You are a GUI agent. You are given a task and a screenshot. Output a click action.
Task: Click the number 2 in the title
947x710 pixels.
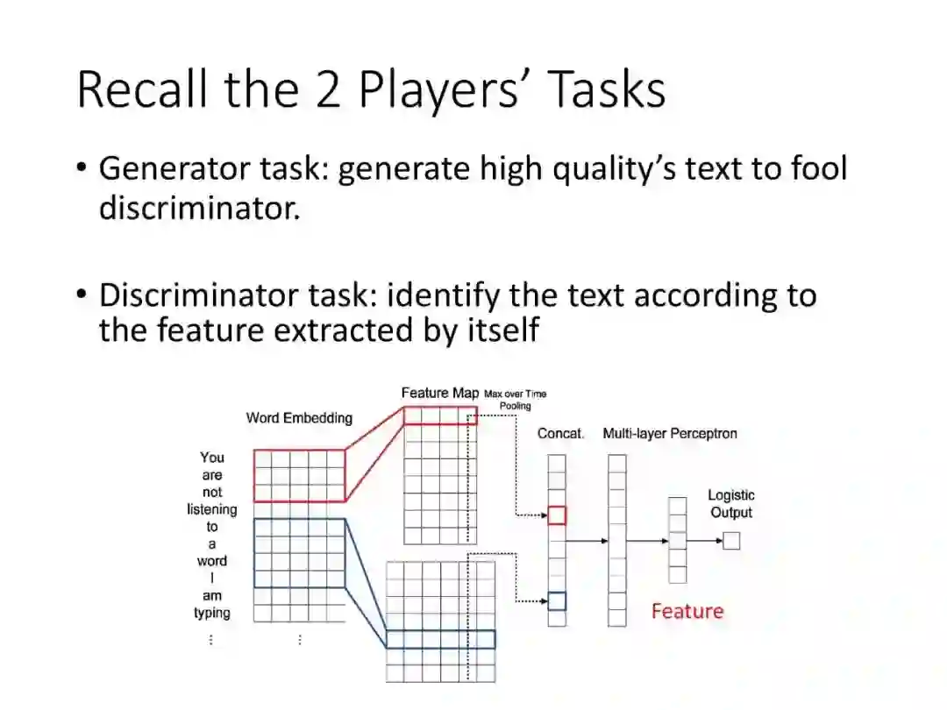click(x=327, y=89)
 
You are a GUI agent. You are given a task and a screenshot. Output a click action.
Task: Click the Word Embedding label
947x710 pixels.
click(x=299, y=418)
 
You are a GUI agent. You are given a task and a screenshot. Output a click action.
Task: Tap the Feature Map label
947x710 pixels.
click(x=440, y=393)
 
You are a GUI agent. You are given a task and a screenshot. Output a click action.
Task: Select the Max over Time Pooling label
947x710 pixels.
click(x=516, y=400)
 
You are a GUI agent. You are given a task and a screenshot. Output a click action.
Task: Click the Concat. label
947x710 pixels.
click(x=560, y=433)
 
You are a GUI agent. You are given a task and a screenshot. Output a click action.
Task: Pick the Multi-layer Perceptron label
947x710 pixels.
click(x=670, y=433)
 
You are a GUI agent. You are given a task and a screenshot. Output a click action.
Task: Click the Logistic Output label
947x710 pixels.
click(x=731, y=504)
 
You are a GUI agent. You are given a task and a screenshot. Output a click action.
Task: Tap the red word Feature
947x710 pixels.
click(x=687, y=611)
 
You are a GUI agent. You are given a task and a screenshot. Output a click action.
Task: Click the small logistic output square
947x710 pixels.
click(x=731, y=541)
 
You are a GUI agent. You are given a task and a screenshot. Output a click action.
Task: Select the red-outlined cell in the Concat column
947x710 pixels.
click(x=557, y=515)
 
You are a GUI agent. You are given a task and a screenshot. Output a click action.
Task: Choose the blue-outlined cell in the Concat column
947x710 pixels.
click(x=557, y=600)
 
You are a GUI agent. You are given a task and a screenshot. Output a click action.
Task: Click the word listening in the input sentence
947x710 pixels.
click(x=212, y=509)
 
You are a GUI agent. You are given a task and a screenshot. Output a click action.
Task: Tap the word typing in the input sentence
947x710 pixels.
click(x=212, y=613)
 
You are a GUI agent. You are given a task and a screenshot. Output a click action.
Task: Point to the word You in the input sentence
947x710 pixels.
click(x=212, y=457)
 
